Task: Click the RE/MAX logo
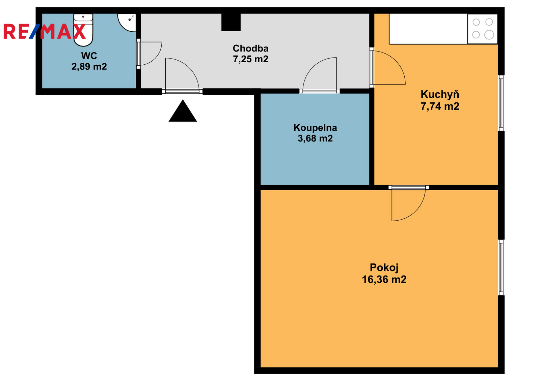pyautogui.click(x=44, y=31)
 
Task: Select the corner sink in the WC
pyautogui.click(x=127, y=22)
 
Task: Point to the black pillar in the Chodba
pyautogui.click(x=231, y=22)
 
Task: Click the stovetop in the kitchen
pyautogui.click(x=482, y=29)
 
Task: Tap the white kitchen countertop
pyautogui.click(x=428, y=29)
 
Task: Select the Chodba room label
pyautogui.click(x=250, y=49)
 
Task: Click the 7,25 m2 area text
pyautogui.click(x=250, y=59)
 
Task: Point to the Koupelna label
pyautogui.click(x=315, y=128)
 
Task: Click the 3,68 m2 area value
pyautogui.click(x=315, y=138)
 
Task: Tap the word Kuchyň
pyautogui.click(x=440, y=94)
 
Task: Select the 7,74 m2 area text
pyautogui.click(x=440, y=106)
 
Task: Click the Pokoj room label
pyautogui.click(x=384, y=267)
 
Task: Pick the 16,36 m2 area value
pyautogui.click(x=384, y=279)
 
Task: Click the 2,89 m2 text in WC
pyautogui.click(x=89, y=66)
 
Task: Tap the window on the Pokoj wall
pyautogui.click(x=501, y=267)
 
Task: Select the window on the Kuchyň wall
pyautogui.click(x=501, y=103)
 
